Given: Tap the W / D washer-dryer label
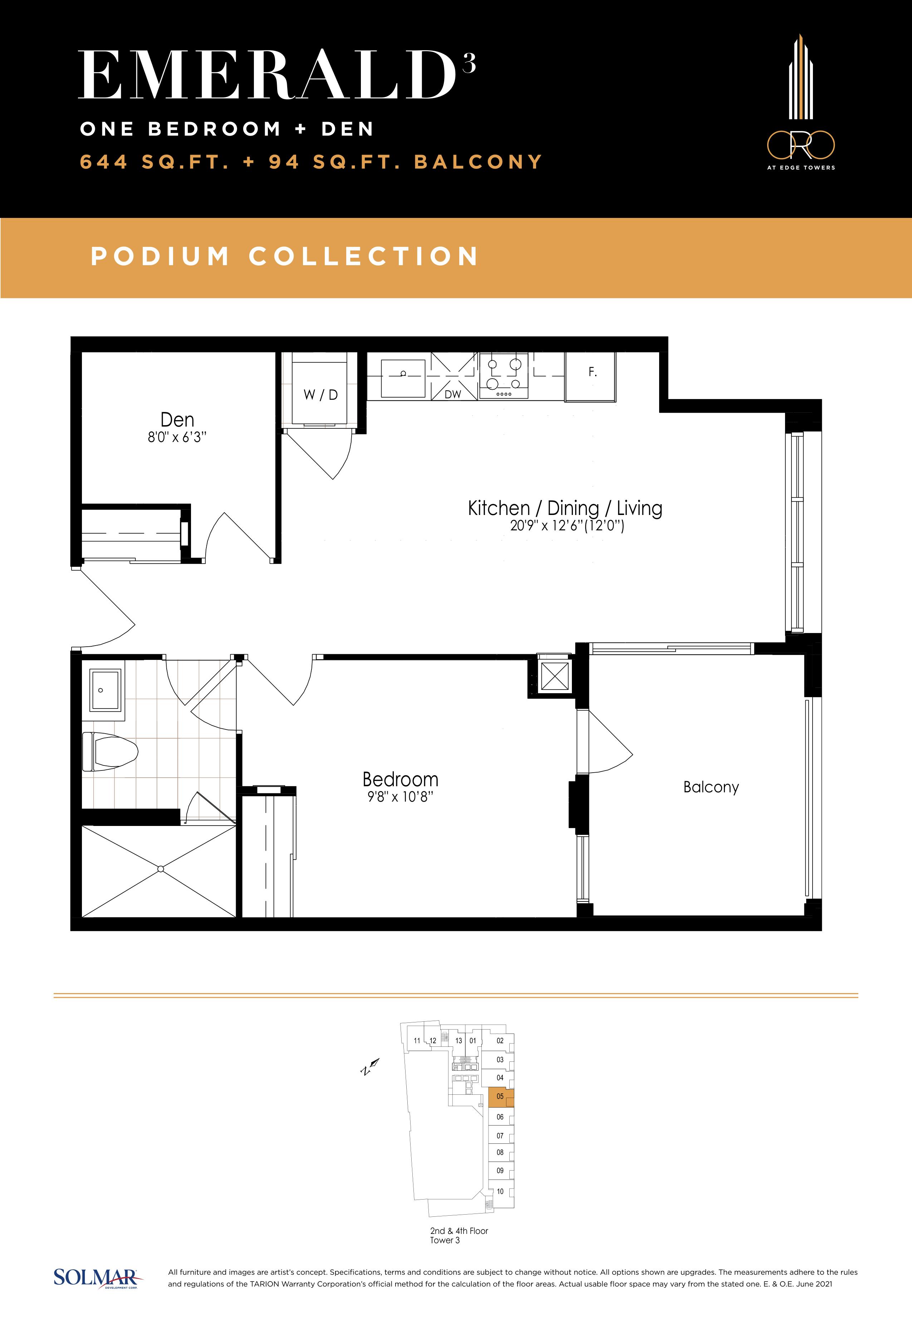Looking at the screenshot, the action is coord(320,395).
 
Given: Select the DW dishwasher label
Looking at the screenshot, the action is coord(453,394).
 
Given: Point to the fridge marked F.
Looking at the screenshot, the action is coord(590,376).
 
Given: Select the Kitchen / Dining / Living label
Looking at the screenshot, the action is coord(565,508).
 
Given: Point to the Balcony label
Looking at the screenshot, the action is coord(711,787).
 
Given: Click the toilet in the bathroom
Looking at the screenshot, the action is coord(110,751).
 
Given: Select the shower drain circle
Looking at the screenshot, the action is coord(161,869).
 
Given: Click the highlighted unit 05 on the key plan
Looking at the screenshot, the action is coord(500,1097).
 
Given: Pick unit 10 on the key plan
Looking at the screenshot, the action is coord(500,1191).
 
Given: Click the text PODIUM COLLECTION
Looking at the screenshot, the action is coord(285,256).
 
